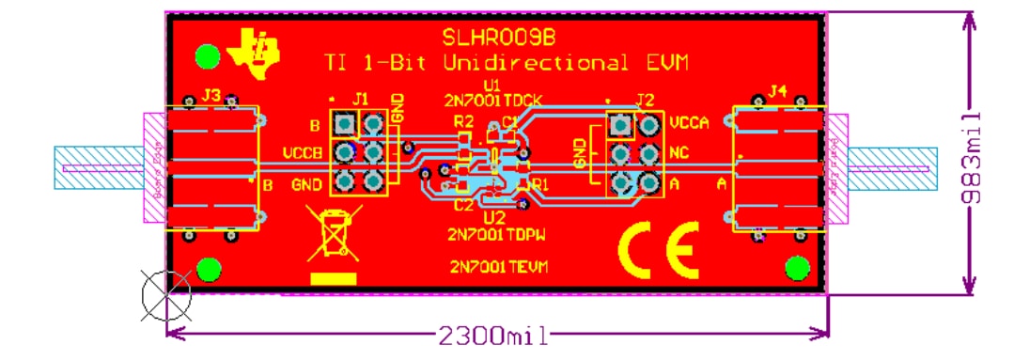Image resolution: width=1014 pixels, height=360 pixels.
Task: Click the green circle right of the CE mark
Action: click(x=797, y=269)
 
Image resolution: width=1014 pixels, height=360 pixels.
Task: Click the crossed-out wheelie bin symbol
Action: click(x=335, y=234)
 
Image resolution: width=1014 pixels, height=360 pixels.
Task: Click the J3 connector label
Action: click(x=211, y=95)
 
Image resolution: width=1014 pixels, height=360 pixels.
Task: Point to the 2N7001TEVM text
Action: click(x=499, y=267)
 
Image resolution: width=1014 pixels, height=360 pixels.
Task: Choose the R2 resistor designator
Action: click(x=463, y=122)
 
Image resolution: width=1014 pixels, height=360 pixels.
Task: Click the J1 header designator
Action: click(x=361, y=99)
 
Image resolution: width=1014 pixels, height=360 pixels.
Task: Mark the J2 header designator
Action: click(x=644, y=100)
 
